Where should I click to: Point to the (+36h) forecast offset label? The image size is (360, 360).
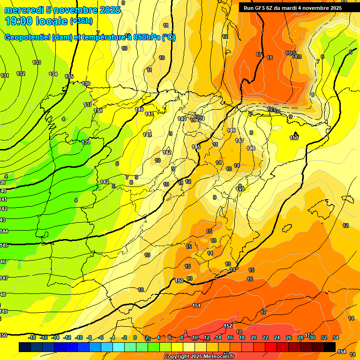[x=81, y=21]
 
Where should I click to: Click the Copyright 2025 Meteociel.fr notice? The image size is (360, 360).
[x=200, y=357]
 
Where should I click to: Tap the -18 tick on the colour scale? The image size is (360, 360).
[x=32, y=337]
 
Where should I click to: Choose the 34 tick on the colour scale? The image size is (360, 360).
[x=336, y=337]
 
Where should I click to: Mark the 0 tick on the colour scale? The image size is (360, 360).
[x=135, y=337]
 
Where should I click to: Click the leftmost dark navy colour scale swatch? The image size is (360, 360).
[x=25, y=347]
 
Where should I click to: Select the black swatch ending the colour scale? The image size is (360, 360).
[x=329, y=347]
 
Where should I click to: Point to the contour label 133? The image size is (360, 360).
[x=37, y=62]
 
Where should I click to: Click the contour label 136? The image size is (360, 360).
[x=86, y=83]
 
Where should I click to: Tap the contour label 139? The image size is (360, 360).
[x=86, y=142]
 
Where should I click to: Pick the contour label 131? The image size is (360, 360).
[x=5, y=75]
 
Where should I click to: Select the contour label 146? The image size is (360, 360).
[x=231, y=130]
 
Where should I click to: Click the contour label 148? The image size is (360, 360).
[x=251, y=148]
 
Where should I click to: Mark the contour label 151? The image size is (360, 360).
[x=196, y=306]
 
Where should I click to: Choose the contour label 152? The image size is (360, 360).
[x=228, y=326]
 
